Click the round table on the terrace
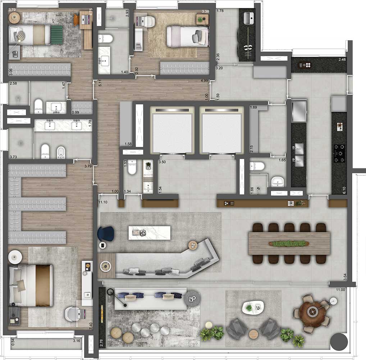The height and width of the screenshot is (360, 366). click(312, 311)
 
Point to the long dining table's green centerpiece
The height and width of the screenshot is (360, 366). click(289, 244)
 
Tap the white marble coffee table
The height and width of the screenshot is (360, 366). click(148, 233)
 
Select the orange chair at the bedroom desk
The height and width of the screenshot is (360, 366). click(77, 20)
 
